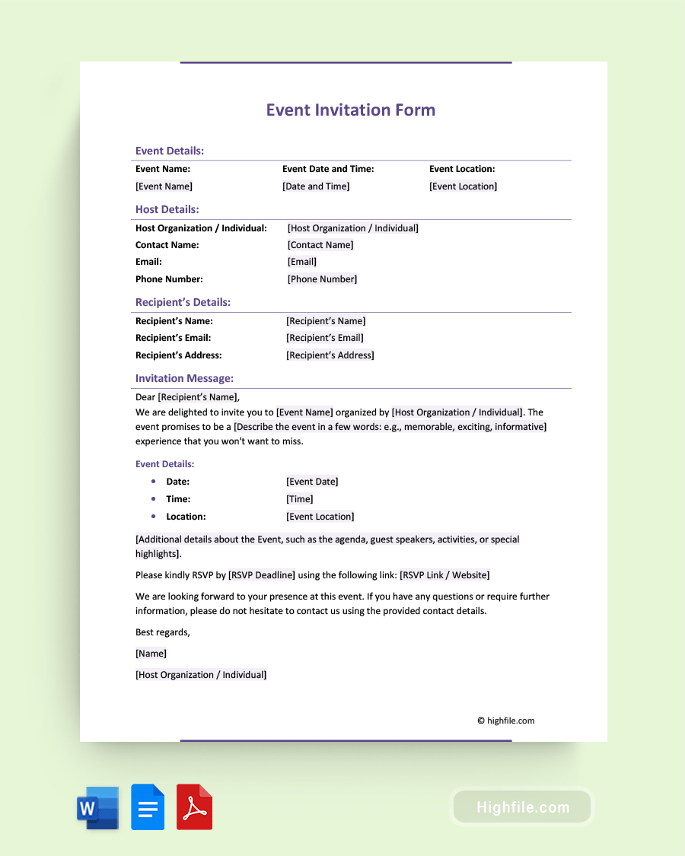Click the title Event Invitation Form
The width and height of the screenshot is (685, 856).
click(x=350, y=110)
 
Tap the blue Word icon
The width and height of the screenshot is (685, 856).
click(x=98, y=807)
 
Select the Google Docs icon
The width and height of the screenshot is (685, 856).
click(x=148, y=807)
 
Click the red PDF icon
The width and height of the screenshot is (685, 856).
click(x=194, y=807)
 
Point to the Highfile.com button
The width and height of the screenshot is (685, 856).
click(x=522, y=807)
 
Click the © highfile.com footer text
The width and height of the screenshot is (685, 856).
click(x=505, y=721)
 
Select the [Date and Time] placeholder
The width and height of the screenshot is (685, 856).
click(x=316, y=186)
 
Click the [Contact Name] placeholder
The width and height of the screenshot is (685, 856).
click(x=320, y=245)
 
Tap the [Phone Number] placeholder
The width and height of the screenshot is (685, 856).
click(x=322, y=279)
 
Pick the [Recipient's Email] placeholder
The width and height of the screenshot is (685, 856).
click(x=325, y=338)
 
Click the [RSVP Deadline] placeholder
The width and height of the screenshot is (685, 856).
click(x=262, y=575)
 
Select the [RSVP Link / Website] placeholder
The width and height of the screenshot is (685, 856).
click(x=444, y=575)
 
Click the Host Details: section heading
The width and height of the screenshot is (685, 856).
click(x=167, y=209)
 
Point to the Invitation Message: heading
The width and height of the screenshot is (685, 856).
click(x=184, y=378)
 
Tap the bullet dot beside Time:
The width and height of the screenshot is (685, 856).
click(x=154, y=499)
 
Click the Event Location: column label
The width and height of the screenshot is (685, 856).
click(x=462, y=169)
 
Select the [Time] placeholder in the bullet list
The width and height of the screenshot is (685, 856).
click(x=300, y=499)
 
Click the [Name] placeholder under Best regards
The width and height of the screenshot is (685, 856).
click(x=151, y=654)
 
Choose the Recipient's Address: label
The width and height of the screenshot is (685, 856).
click(x=179, y=355)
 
